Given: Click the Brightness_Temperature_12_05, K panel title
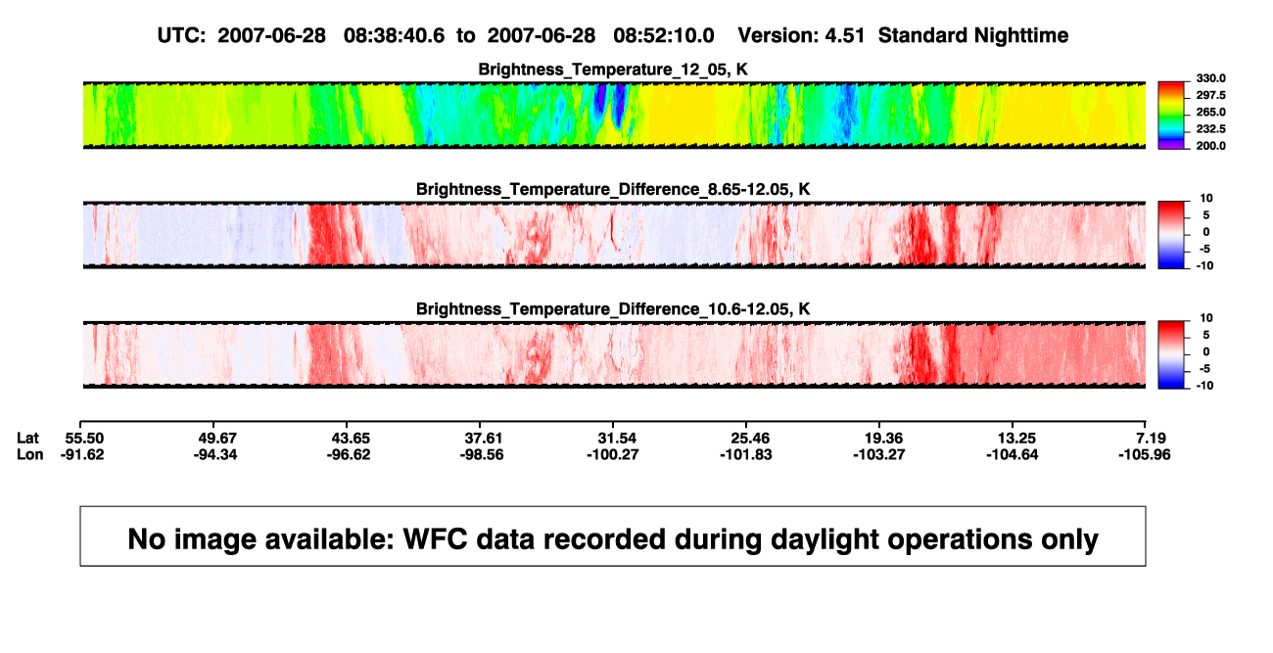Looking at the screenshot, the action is point(613,70).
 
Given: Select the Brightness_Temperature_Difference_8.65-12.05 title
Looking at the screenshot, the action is point(613,189).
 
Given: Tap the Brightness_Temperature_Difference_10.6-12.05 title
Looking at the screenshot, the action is point(613,309).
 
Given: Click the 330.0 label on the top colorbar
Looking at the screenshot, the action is point(1210,78).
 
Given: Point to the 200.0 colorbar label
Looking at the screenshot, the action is point(1210,146).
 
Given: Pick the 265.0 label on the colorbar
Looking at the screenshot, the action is point(1210,112).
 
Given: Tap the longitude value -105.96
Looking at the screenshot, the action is point(1145,454).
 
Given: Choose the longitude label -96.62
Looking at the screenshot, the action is point(349,454).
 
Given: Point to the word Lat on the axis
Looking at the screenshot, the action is point(27,439).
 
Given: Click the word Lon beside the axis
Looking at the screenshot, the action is point(29,454).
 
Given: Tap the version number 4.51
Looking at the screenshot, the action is point(844,36).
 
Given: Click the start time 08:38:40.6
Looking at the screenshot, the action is point(394,36).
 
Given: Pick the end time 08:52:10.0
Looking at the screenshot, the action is point(664,36).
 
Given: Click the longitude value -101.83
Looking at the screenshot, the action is point(745,454).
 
